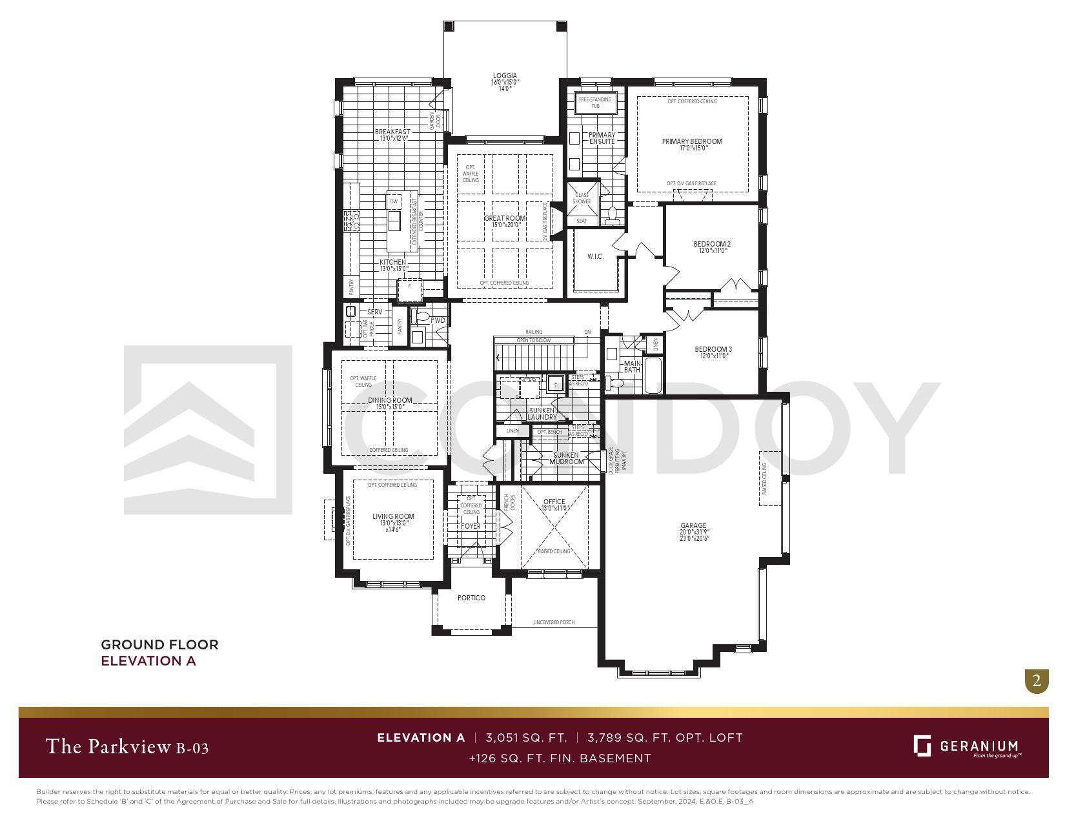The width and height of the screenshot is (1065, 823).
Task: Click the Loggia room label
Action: [505, 76]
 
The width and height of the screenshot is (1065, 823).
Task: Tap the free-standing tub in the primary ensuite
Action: [595, 103]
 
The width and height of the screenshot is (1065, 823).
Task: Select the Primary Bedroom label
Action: [692, 141]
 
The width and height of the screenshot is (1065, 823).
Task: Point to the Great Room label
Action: [505, 218]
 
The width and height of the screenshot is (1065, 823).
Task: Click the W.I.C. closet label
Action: [595, 257]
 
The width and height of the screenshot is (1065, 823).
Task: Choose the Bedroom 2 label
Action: [712, 244]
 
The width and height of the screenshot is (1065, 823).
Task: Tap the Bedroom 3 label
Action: [713, 350]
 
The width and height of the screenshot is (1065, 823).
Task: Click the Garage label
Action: [693, 525]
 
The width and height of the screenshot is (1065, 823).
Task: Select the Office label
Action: [554, 502]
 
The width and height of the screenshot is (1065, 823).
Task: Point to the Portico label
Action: [471, 598]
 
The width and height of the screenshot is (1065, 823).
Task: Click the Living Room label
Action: [393, 516]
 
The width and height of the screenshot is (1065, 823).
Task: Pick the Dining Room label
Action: [390, 400]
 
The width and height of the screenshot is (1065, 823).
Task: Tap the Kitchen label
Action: [392, 262]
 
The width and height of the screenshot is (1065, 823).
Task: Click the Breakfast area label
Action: [392, 132]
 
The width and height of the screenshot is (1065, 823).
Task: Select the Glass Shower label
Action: [582, 198]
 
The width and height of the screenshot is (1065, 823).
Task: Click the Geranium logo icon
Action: [922, 746]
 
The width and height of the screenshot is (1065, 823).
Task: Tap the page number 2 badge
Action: [1037, 681]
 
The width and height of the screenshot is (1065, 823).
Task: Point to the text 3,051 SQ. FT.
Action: [526, 737]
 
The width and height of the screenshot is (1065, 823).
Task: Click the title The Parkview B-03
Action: [127, 747]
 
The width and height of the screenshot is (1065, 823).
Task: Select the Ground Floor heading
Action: [159, 644]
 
